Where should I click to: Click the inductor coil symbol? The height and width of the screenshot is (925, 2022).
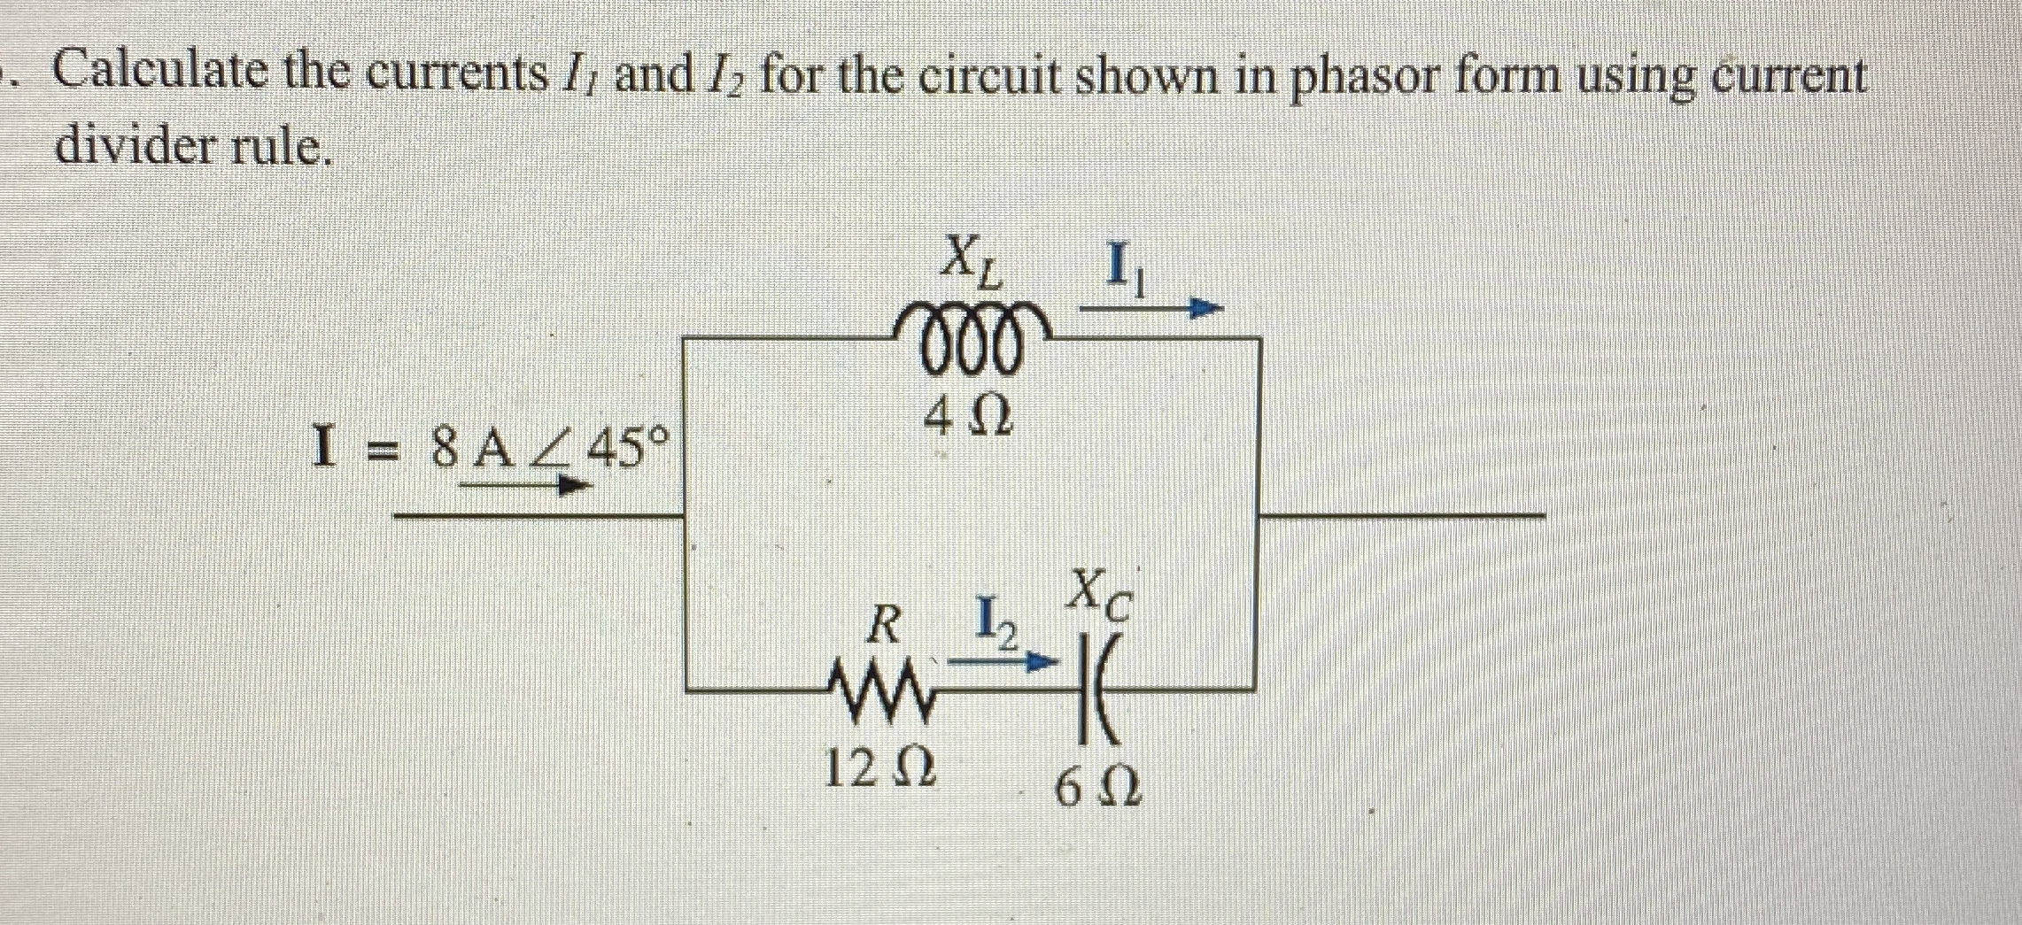tap(972, 343)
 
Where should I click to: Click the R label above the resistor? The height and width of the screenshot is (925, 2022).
tap(883, 626)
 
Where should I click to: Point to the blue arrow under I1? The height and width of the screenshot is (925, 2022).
tap(1151, 310)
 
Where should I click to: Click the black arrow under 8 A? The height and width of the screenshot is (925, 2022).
tap(524, 484)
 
